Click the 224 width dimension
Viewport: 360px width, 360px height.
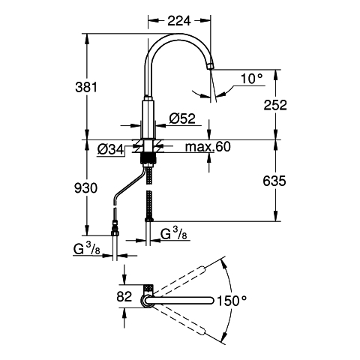179,20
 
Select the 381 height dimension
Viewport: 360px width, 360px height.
86,87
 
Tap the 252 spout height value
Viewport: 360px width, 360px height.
275,105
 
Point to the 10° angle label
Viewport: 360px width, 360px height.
252,79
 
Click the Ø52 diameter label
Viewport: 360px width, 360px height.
182,118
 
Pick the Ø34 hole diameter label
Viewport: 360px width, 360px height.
110,150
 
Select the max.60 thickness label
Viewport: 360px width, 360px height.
208,147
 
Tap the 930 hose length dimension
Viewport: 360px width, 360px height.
85,187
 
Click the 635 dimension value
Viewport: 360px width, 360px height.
274,181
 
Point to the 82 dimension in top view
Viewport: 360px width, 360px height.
124,297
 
